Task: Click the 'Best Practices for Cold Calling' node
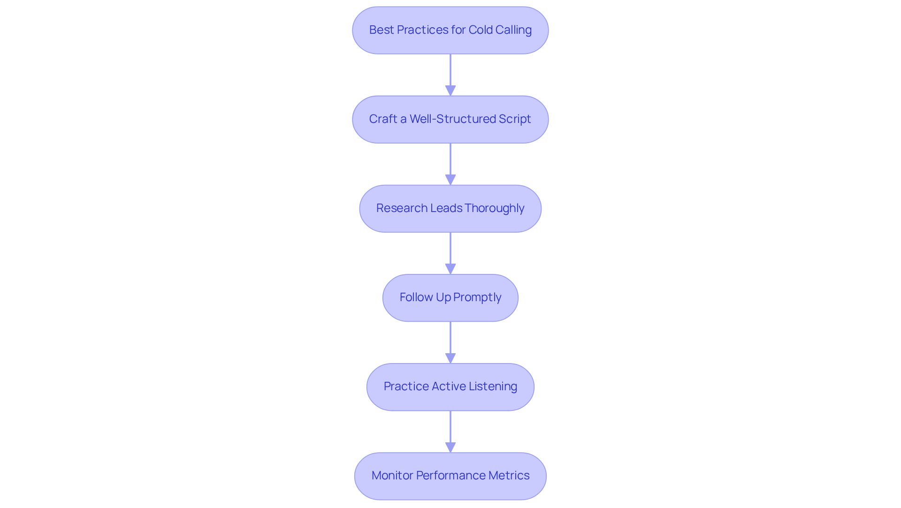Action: coord(450,30)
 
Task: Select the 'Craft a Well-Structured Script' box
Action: coord(450,119)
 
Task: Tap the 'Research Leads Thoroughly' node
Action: coord(450,208)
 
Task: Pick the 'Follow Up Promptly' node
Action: coord(450,297)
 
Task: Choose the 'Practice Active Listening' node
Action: coord(450,387)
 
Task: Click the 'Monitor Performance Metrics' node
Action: coord(450,476)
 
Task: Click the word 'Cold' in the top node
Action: coord(481,30)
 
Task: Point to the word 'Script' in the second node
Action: coord(515,119)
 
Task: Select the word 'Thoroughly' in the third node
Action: coord(494,208)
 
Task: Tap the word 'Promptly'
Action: coord(477,297)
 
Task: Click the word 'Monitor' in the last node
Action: coord(392,476)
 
